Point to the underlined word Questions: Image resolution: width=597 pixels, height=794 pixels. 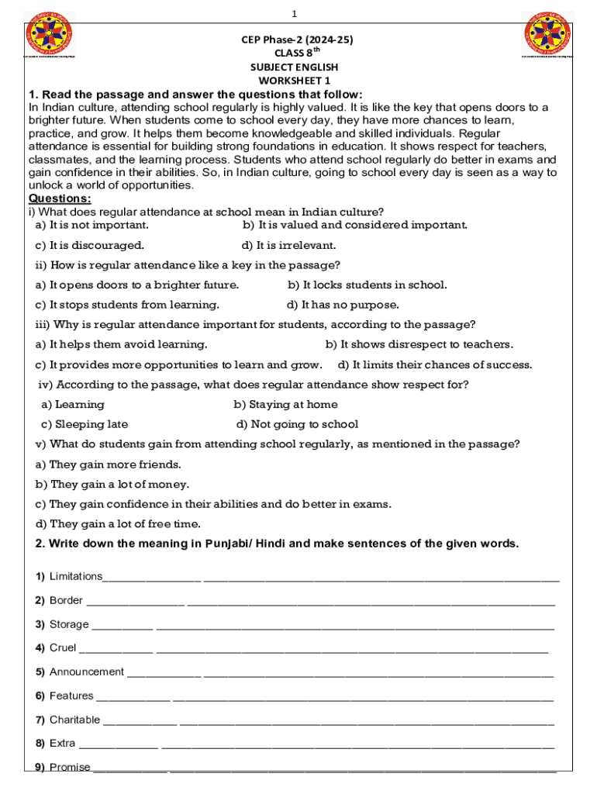pyautogui.click(x=60, y=198)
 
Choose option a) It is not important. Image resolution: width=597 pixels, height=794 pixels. pyautogui.click(x=92, y=225)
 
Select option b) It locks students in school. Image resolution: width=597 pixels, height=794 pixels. pyautogui.click(x=368, y=285)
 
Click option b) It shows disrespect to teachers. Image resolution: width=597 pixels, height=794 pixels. pyautogui.click(x=419, y=344)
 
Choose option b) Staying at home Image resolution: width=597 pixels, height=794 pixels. pyautogui.click(x=286, y=404)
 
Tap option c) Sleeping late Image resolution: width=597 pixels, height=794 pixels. pyautogui.click(x=85, y=424)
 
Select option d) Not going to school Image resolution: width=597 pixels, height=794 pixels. pyautogui.click(x=297, y=424)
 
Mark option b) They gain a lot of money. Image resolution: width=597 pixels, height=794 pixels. pyautogui.click(x=112, y=484)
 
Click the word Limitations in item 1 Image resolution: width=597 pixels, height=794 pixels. pyautogui.click(x=76, y=576)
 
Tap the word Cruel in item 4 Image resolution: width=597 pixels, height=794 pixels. pyautogui.click(x=63, y=647)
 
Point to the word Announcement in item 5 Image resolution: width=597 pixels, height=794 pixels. pyautogui.click(x=87, y=671)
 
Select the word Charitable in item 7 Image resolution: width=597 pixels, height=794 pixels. pyautogui.click(x=74, y=720)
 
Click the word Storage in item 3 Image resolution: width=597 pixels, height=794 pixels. pyautogui.click(x=69, y=624)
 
